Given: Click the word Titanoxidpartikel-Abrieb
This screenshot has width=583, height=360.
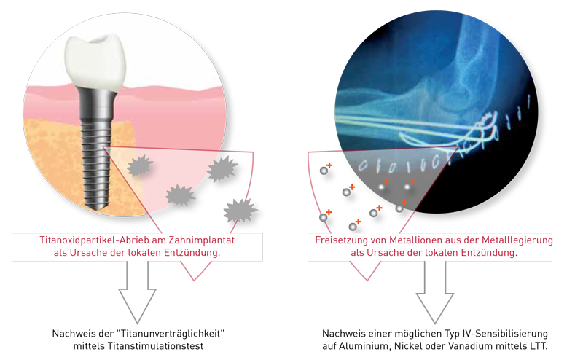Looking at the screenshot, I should (85, 240).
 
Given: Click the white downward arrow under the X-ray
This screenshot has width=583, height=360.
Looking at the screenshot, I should (435, 291).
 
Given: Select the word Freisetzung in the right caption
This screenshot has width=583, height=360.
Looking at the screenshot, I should (342, 240).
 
